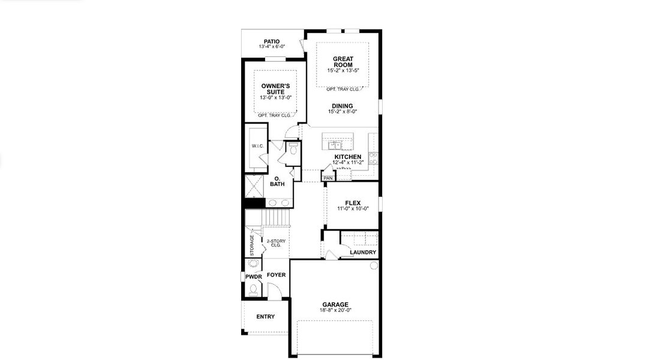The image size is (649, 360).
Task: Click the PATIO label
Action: pos(271,41)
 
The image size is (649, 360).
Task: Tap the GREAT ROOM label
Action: pos(342,62)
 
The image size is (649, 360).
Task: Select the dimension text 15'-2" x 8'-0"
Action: pos(342,112)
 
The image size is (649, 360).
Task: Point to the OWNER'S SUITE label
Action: pos(275,89)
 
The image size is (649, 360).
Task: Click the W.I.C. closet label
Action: pos(258,146)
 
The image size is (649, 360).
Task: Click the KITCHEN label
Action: pos(348,157)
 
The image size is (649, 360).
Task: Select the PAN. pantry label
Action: pos(328,178)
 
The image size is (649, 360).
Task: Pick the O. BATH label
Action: pos(277,182)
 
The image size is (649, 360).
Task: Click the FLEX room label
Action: pos(353,203)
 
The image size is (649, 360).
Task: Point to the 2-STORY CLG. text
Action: pos(276,243)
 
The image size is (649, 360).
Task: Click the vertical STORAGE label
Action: pos(252,245)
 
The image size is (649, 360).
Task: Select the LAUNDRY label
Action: pos(363,253)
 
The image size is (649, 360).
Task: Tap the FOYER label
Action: pos(276,275)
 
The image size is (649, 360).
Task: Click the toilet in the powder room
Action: pos(253,290)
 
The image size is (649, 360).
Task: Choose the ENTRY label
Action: pos(265,317)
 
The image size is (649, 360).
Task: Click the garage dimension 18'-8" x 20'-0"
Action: pos(335,310)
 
